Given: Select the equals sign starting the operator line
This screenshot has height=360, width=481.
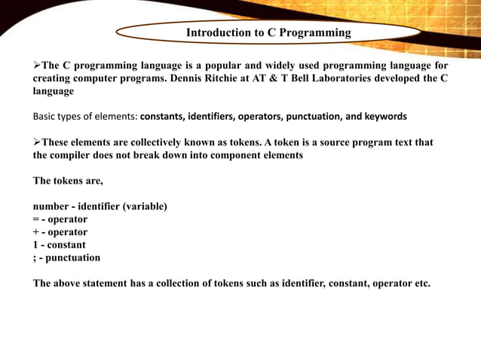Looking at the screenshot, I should pos(35,219).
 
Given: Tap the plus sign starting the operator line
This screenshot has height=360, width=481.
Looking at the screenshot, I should pos(35,232).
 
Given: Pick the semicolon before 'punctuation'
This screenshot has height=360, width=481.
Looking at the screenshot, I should pos(35,258).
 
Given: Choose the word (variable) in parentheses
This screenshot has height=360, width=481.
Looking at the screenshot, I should pos(143,206).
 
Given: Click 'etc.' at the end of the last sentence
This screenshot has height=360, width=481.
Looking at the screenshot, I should pos(421,283).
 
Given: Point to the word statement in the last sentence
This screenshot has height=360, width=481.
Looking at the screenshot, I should pos(113,283).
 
